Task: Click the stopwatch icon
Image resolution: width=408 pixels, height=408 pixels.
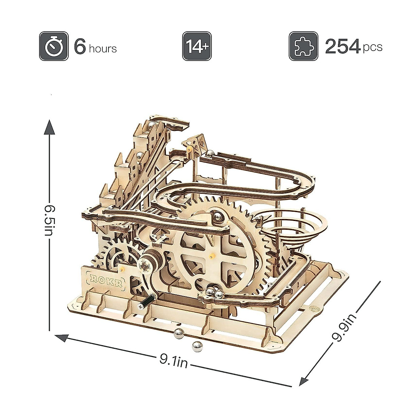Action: coord(54,46)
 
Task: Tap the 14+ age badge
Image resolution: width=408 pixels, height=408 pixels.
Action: coord(197,46)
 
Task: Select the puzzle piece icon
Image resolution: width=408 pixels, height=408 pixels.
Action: coord(303,46)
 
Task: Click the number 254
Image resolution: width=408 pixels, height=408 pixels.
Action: coord(343,46)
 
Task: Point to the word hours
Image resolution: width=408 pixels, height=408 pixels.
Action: coord(103,49)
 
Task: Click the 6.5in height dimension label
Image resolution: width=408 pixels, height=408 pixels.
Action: coord(50,220)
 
